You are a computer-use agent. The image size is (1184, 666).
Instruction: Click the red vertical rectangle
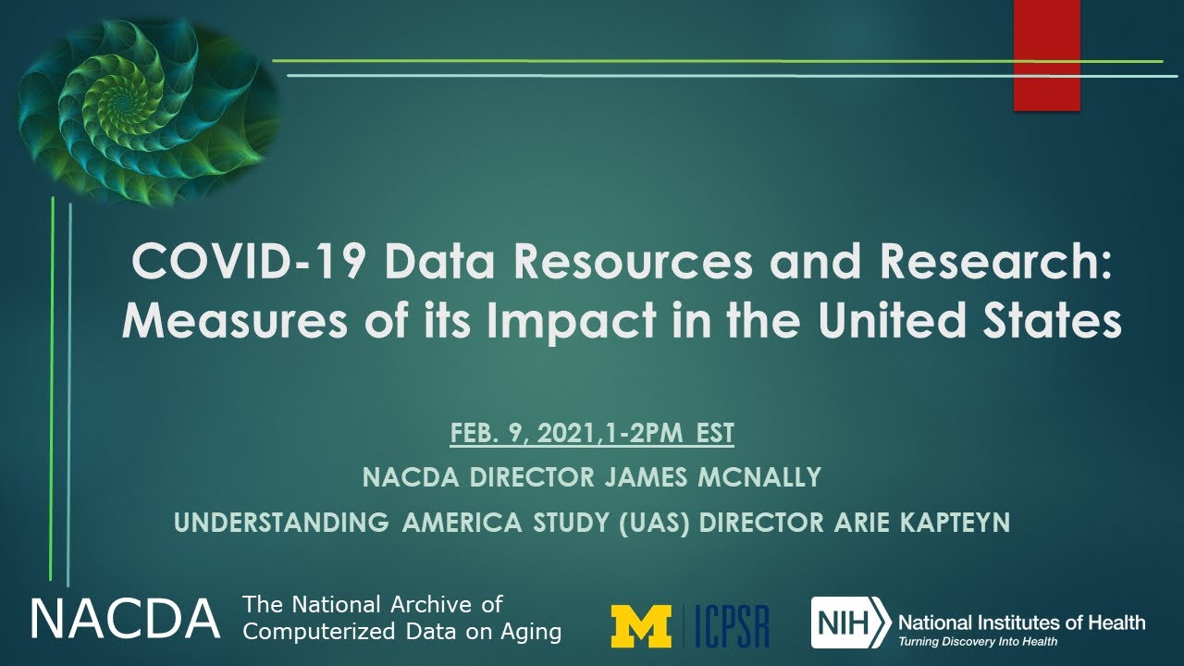click(x=1046, y=55)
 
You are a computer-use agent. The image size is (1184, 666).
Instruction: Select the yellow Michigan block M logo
click(x=641, y=625)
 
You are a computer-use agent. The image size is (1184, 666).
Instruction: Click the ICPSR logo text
click(x=733, y=625)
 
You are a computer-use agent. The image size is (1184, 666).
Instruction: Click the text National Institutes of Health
click(x=1021, y=622)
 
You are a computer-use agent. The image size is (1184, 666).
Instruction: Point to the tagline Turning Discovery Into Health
click(x=979, y=641)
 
